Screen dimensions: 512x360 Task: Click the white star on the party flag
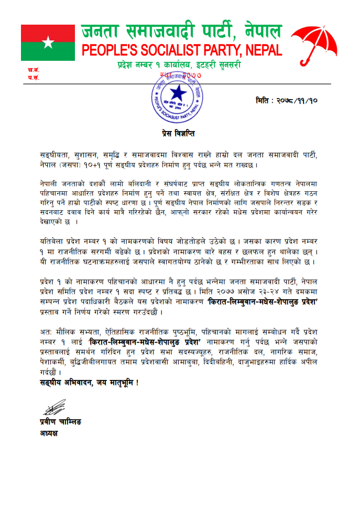coord(49,42)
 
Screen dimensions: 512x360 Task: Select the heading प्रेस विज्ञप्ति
coord(177,134)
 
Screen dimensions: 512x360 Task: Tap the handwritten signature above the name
coord(54,407)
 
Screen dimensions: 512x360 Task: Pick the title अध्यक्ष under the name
coord(50,433)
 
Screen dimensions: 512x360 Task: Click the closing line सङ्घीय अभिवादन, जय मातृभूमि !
coord(89,383)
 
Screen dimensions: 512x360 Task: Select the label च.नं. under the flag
coord(34,70)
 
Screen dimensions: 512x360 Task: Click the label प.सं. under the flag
coord(34,78)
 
